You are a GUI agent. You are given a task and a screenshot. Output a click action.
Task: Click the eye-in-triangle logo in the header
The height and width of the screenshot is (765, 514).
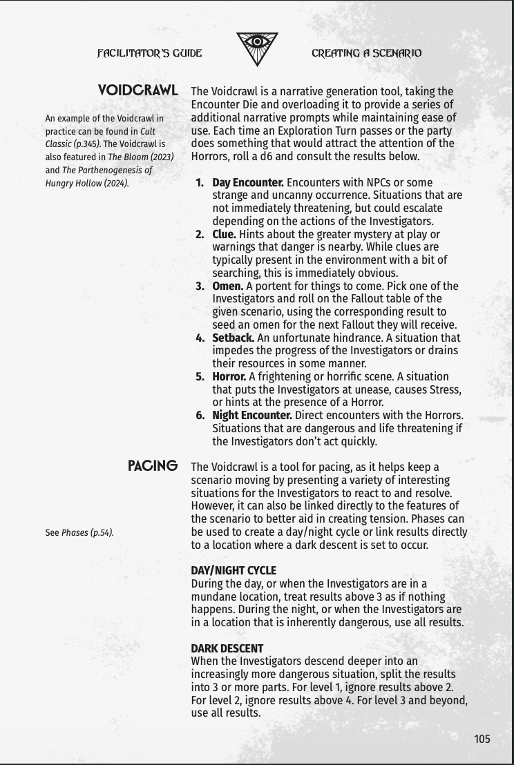(x=257, y=49)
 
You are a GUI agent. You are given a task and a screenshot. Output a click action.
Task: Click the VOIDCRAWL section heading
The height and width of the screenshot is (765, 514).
(x=138, y=90)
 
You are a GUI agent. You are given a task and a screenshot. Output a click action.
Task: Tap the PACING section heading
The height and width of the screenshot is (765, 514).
(x=153, y=466)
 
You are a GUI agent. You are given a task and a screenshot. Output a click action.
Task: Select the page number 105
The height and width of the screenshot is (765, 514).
(x=482, y=739)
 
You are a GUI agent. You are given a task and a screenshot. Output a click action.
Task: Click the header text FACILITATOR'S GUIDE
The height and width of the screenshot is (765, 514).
(x=149, y=53)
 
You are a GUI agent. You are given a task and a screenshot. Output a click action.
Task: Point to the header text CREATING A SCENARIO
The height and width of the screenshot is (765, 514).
(x=366, y=53)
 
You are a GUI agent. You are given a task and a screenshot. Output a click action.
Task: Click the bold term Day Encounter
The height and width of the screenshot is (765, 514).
(x=247, y=182)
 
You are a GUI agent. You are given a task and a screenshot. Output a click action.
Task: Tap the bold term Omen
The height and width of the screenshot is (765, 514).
(x=227, y=286)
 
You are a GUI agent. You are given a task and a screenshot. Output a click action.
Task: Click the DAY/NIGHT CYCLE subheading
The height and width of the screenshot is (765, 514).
(x=233, y=570)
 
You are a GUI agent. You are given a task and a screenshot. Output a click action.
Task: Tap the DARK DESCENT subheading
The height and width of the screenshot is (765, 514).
(x=227, y=648)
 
